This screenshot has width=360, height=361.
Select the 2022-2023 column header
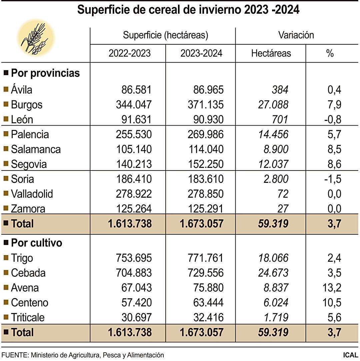pos(130,53)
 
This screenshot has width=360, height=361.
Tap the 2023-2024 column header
pos(201,53)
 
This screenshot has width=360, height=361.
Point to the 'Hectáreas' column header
pos(271,53)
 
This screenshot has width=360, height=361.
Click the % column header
pos(330,53)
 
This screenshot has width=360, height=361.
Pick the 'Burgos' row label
pos(27,105)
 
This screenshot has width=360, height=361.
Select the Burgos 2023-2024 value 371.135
pos(202,105)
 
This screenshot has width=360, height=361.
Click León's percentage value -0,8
pos(332,120)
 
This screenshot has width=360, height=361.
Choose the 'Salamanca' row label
pos(36,149)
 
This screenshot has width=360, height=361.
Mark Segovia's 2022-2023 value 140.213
pos(130,164)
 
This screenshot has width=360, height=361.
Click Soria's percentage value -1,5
pos(332,179)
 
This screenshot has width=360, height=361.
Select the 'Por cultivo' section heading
pos(37,243)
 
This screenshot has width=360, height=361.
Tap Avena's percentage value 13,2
pos(332,288)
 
